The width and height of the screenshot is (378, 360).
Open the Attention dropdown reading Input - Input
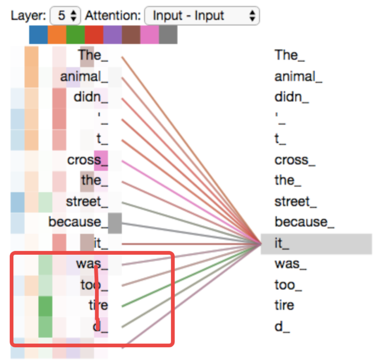tap(201, 15)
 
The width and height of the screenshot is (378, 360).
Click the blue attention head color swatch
tap(38, 35)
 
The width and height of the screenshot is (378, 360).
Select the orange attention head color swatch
tap(57, 35)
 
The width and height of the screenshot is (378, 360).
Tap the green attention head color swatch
tap(76, 35)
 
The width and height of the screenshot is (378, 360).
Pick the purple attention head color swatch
tap(112, 35)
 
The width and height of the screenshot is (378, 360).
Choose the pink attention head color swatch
tap(150, 35)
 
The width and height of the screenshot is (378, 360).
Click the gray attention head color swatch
tap(168, 35)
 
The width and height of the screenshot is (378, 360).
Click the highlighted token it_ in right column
tap(283, 244)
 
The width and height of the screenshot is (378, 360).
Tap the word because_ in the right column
tap(304, 222)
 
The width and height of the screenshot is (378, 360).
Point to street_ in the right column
tap(295, 202)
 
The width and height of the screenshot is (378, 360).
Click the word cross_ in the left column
tap(84, 160)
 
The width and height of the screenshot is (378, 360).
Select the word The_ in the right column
tap(289, 55)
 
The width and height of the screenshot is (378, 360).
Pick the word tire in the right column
tap(284, 305)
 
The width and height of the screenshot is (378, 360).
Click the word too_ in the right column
tap(288, 285)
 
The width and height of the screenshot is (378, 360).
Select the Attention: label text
tap(113, 16)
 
